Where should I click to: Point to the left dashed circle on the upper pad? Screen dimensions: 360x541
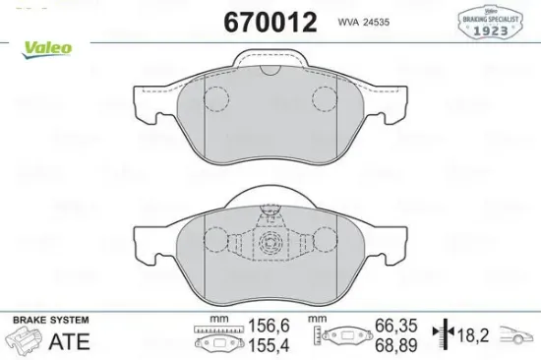coord(215,97)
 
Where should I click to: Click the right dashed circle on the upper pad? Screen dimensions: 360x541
coord(325,97)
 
